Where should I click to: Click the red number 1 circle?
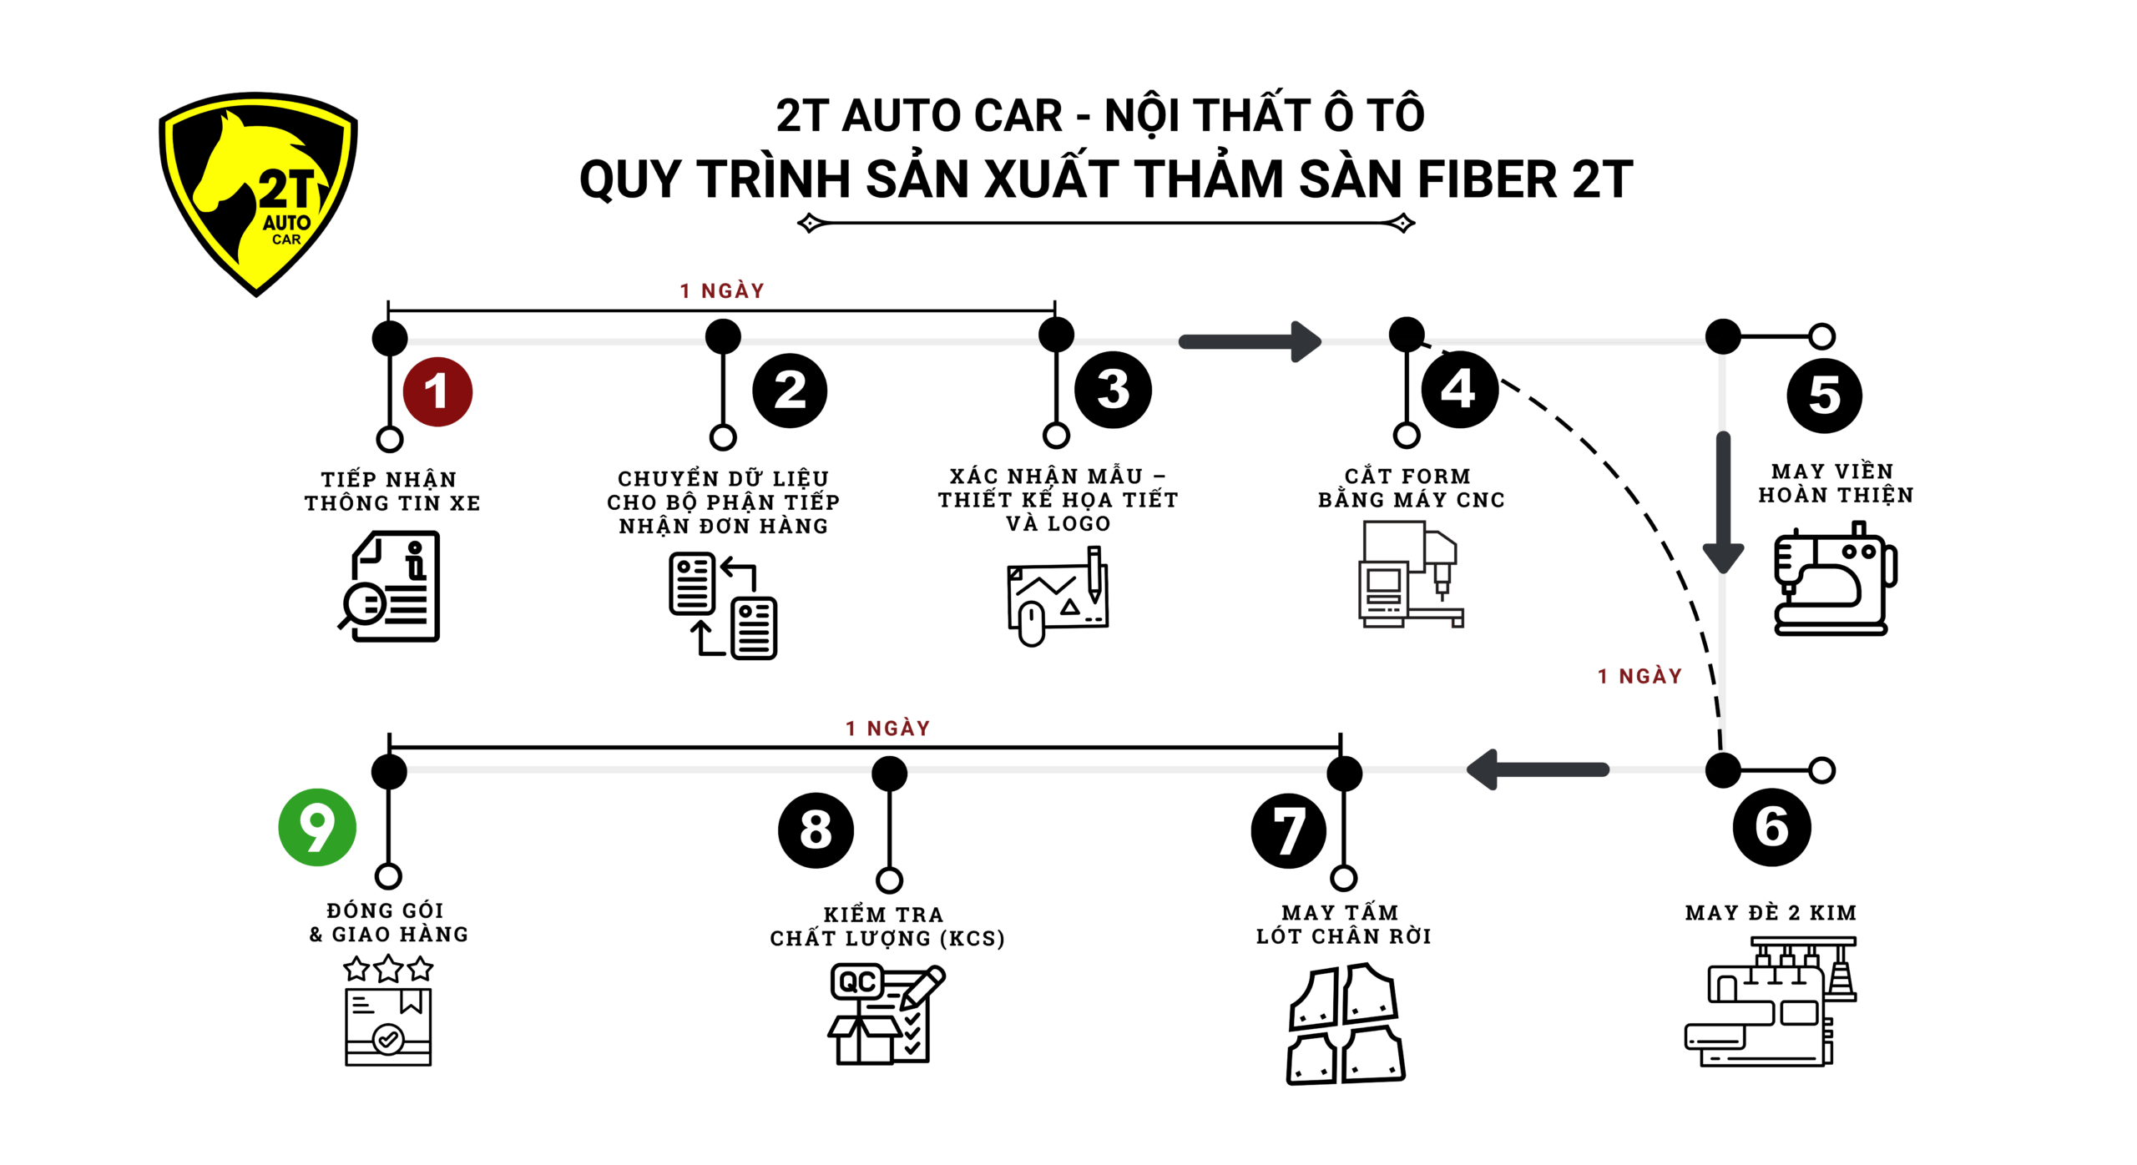pos(437,391)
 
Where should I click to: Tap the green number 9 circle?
pos(317,827)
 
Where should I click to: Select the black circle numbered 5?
pos(1824,395)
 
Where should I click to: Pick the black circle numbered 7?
pos(1288,830)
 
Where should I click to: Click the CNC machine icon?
pos(1410,574)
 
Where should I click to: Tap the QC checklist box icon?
pos(886,1014)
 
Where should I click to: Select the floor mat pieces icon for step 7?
pos(1345,1024)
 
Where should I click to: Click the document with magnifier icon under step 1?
pos(391,587)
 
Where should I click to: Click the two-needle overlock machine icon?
pos(1771,1001)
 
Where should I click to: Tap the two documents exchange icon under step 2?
pos(723,605)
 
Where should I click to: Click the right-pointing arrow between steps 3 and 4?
pos(1250,341)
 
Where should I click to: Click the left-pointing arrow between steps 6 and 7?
pos(1538,769)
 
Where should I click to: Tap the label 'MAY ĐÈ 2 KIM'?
pos(1771,912)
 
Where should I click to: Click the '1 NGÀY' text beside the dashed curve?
pos(1639,676)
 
